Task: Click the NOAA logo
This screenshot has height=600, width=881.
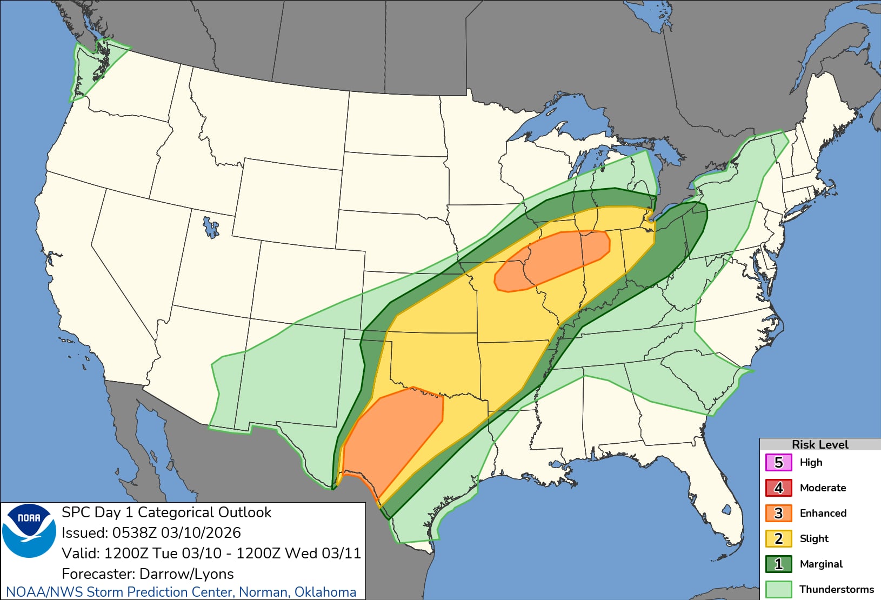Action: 29,530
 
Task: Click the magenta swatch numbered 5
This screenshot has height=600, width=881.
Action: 778,463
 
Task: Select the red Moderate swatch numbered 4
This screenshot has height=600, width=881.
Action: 778,488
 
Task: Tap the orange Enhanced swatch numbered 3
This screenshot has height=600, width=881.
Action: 778,514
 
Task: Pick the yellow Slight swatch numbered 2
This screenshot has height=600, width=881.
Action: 778,539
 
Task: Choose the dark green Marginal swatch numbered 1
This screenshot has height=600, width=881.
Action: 778,564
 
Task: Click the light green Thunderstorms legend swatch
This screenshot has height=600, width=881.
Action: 778,589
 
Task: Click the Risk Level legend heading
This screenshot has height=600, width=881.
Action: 819,445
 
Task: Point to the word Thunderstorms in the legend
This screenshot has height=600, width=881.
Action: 836,589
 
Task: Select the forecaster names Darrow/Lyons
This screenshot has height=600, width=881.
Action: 186,574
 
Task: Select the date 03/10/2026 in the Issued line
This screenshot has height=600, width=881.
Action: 201,533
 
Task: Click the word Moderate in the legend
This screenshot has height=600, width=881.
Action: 823,488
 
